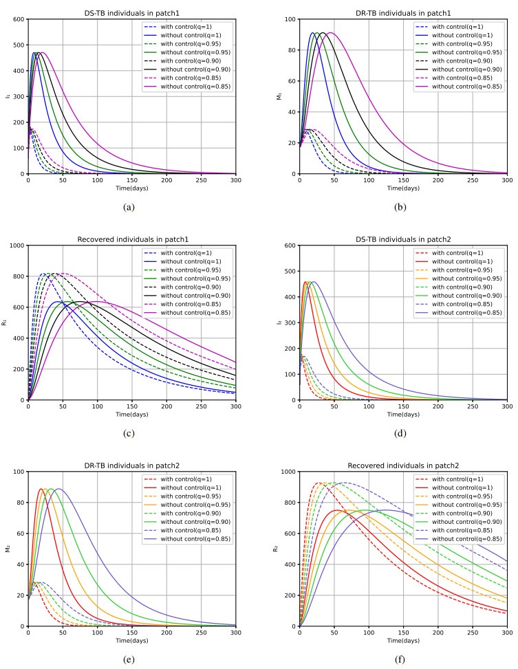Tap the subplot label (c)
click(131, 433)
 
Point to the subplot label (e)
click(131, 659)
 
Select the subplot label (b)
click(403, 206)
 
